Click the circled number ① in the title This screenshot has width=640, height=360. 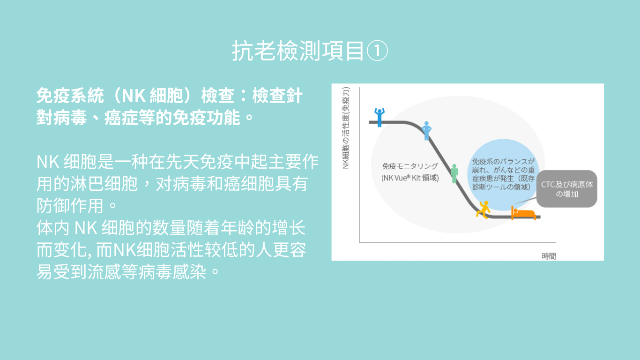coord(377,51)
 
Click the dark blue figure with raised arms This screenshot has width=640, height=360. coord(380,117)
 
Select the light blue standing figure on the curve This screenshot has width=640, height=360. coord(426,131)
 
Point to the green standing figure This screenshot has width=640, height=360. coord(454,173)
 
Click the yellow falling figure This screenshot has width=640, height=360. coord(484,210)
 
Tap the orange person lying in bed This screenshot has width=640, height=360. coord(523,213)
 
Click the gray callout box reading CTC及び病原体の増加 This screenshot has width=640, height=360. coord(566,189)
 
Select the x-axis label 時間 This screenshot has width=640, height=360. coord(549,256)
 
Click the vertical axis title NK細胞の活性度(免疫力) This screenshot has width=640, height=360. coord(346,128)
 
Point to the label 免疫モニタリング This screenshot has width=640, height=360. coord(410,166)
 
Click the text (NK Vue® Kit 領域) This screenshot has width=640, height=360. coord(410,178)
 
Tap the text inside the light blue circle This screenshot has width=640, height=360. coord(503,174)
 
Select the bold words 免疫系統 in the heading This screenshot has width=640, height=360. coord(70,96)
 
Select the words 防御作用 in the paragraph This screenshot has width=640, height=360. coord(70,206)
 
